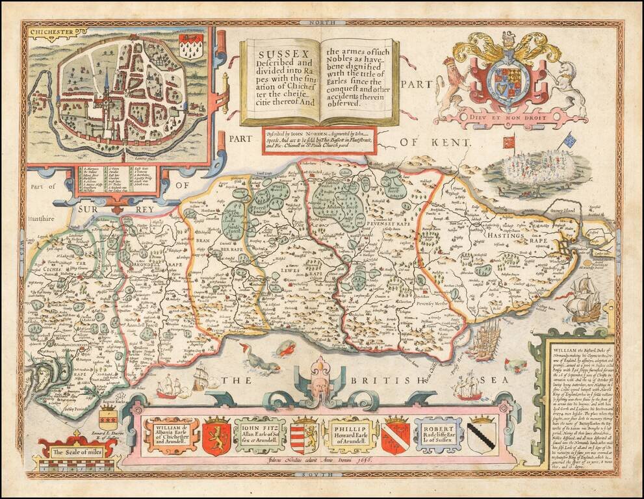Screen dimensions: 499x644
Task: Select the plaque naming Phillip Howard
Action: coord(352,434)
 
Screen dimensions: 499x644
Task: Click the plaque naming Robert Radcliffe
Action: coord(439,434)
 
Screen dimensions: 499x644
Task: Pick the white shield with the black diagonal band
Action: coord(481,435)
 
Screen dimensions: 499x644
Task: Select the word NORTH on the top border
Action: coord(322,23)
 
